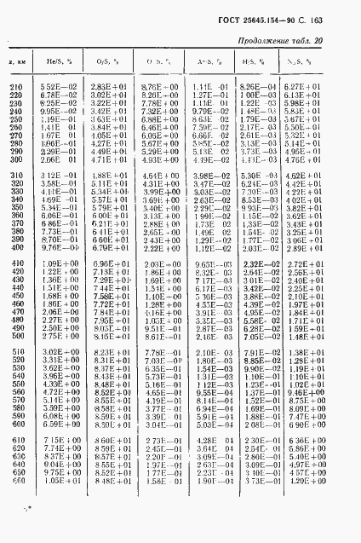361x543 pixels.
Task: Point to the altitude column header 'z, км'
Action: (16, 64)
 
